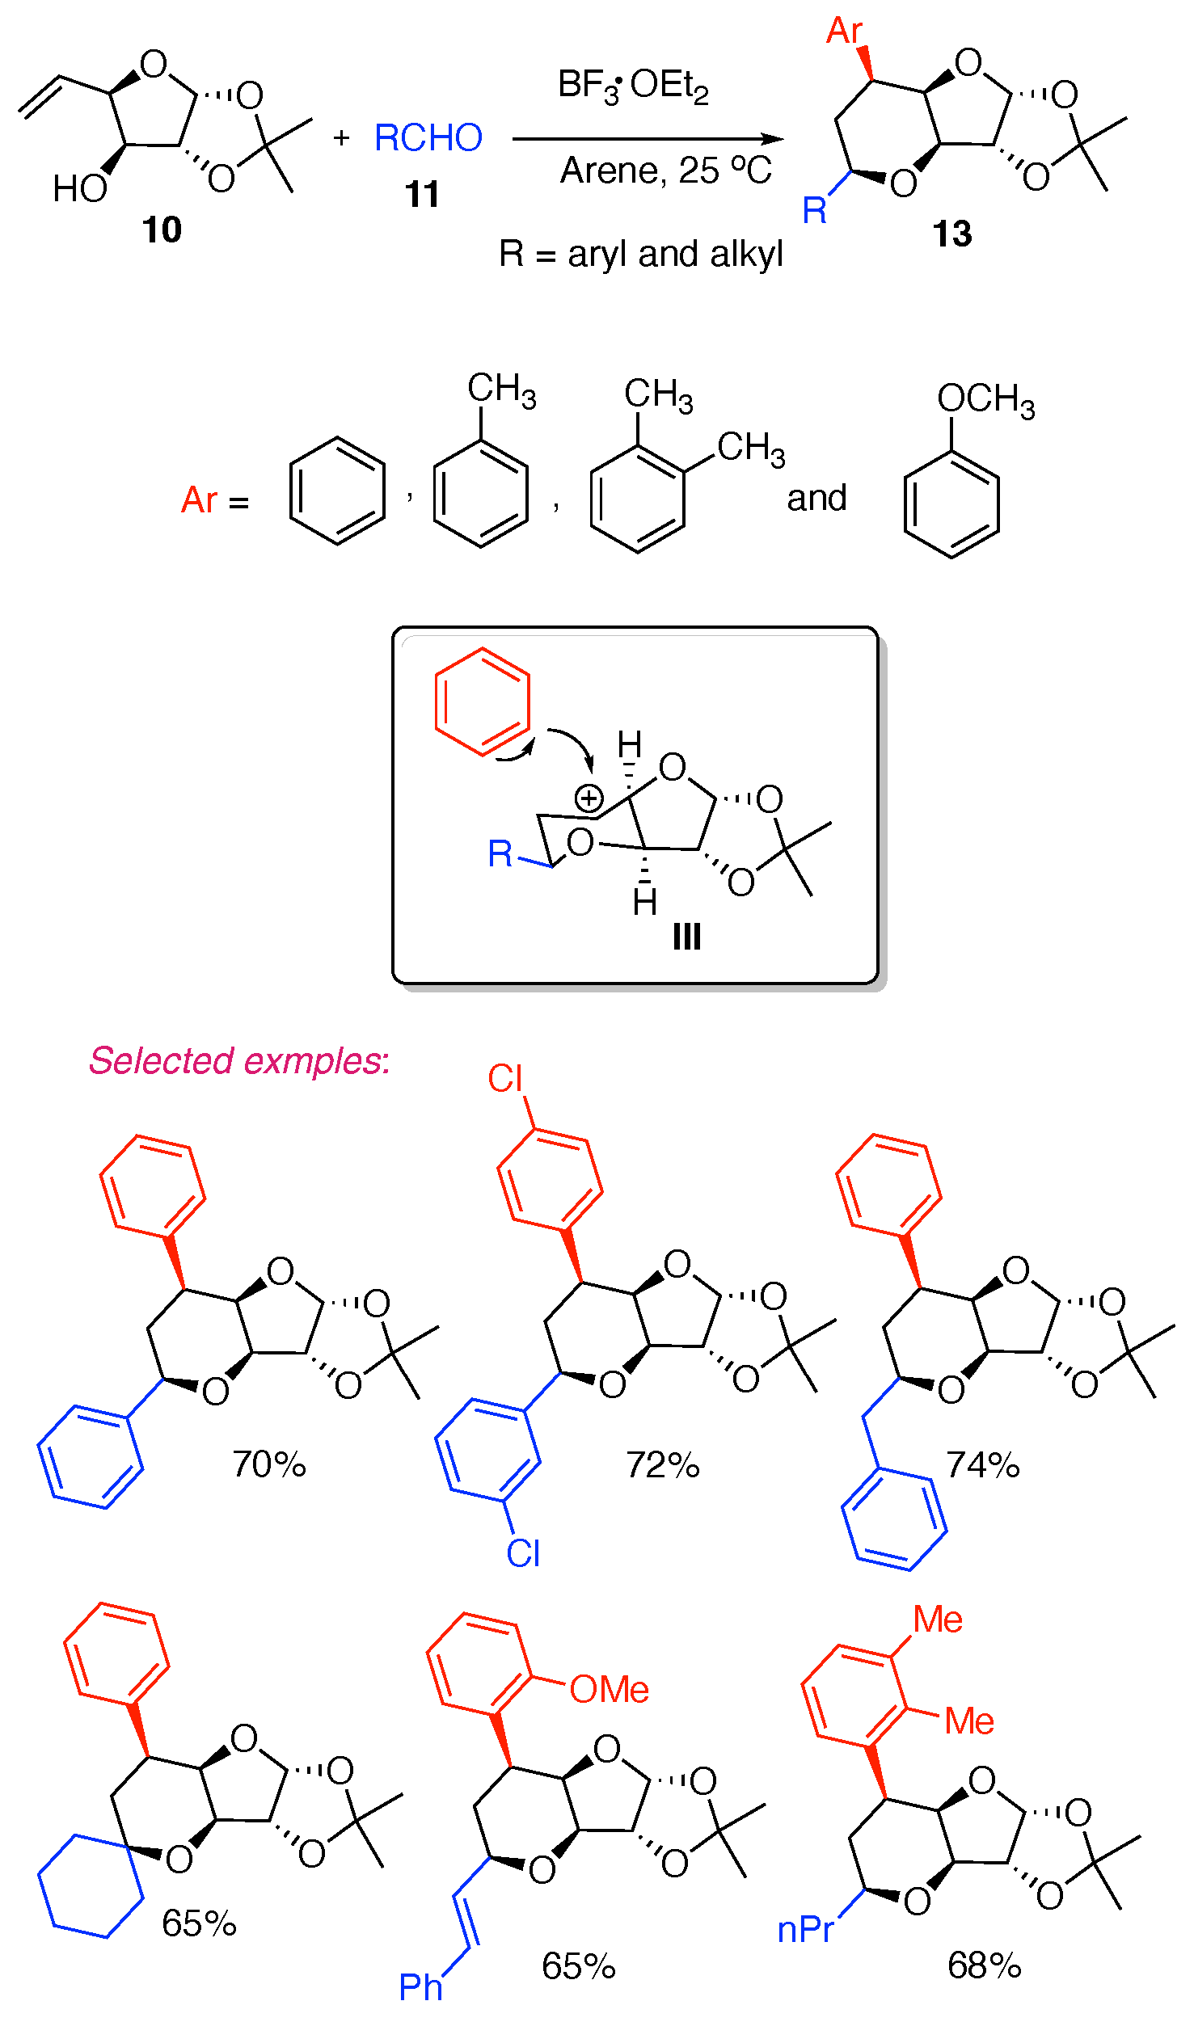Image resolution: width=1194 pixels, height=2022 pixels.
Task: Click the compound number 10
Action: (x=162, y=230)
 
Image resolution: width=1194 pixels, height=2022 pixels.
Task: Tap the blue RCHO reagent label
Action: (x=428, y=138)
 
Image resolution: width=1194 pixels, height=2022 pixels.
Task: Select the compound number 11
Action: (x=422, y=195)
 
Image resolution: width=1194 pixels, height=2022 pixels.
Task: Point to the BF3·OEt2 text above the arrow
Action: (x=633, y=86)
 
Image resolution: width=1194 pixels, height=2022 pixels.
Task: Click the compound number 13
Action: (x=952, y=234)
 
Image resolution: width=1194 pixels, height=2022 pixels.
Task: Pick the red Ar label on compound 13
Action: (x=844, y=32)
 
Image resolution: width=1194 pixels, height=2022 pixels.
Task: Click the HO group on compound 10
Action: (x=79, y=189)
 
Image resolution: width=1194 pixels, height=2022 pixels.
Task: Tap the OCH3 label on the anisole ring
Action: (x=985, y=399)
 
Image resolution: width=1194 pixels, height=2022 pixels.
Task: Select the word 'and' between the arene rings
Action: (x=816, y=499)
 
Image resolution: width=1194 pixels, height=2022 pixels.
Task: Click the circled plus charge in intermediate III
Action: (x=589, y=798)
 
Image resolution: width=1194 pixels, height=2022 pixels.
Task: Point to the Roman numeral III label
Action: (x=686, y=937)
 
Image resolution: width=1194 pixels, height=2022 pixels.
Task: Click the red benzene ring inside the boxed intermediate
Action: (x=483, y=701)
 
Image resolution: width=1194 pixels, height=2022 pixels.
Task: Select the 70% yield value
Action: (x=269, y=1464)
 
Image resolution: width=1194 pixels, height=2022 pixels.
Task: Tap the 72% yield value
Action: (x=663, y=1465)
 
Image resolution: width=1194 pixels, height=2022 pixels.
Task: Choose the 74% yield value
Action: (x=983, y=1465)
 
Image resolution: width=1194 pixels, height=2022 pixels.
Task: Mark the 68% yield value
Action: (x=985, y=1965)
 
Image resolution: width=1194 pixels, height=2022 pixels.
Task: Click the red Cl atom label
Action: (x=505, y=1079)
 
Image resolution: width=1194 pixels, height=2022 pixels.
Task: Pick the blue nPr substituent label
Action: (x=805, y=1930)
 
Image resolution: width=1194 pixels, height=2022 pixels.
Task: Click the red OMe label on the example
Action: (x=609, y=1690)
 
